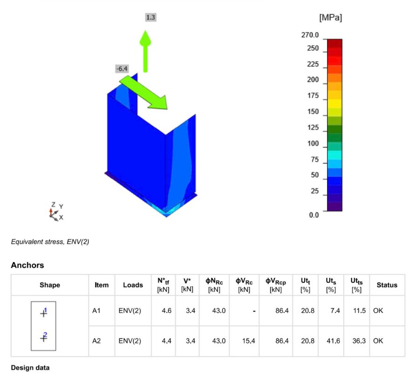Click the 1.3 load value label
tap(151, 17)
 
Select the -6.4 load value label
tap(122, 69)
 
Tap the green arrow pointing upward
tap(145, 51)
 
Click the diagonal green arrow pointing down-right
tap(144, 92)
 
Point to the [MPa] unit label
tap(330, 18)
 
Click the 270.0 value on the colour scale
tap(310, 35)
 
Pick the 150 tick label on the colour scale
tap(313, 111)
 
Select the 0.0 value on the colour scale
tap(314, 215)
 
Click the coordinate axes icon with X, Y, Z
tap(56, 212)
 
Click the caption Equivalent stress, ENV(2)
tap(50, 242)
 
